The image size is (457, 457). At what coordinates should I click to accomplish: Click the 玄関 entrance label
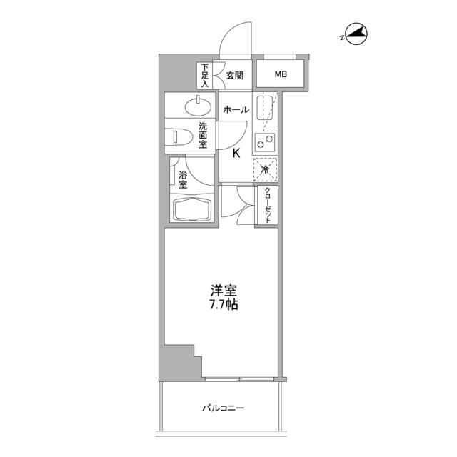click(x=235, y=74)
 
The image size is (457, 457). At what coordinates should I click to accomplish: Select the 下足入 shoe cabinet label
click(x=204, y=75)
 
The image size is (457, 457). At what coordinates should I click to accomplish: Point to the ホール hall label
click(x=236, y=109)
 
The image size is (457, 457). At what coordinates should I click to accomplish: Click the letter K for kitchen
click(x=235, y=151)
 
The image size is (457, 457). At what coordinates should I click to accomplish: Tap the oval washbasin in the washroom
click(x=196, y=107)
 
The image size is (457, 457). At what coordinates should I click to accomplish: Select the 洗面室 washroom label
click(x=204, y=134)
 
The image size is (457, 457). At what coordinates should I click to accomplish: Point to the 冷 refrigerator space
click(x=265, y=169)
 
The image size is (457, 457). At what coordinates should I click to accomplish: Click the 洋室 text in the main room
click(x=224, y=291)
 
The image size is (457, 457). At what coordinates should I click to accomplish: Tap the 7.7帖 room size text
click(x=224, y=305)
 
